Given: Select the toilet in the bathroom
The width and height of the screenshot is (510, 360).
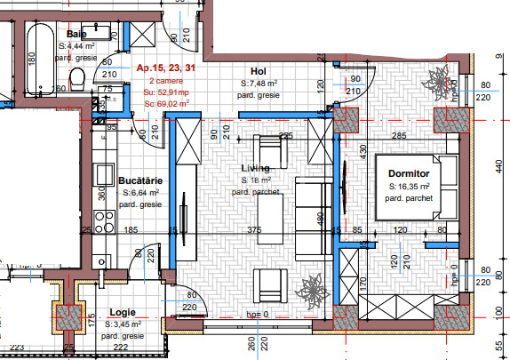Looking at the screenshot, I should coord(78,82).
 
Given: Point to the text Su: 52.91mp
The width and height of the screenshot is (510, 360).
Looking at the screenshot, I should coord(167,92).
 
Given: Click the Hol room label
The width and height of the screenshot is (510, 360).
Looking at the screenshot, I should coord(259,72).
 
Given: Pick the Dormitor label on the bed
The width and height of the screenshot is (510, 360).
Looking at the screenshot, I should coord(409,173).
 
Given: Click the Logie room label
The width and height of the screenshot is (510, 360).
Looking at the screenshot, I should coord(122,313).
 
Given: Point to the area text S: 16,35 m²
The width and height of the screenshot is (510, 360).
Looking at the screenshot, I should coord(410,187).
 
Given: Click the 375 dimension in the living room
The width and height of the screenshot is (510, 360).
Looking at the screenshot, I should coord(255,230).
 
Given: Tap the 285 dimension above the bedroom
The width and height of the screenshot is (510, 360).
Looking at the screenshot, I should coord(399,136).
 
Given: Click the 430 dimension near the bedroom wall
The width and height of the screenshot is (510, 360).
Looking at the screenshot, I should coord(363,152).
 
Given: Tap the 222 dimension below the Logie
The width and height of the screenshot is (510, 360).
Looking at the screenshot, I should coord(120,347).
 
